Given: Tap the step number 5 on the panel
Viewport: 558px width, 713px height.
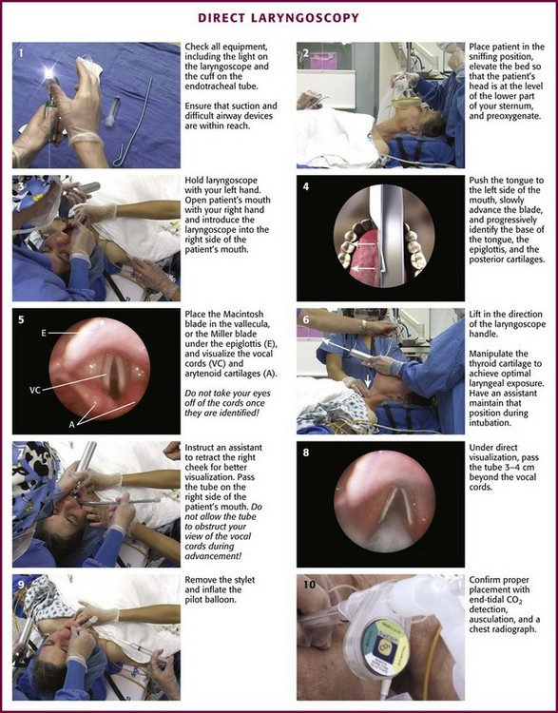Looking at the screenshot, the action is (21, 319).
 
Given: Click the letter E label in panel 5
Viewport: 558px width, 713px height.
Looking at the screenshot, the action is (44, 333).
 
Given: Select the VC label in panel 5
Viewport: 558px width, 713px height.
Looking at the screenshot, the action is (35, 390).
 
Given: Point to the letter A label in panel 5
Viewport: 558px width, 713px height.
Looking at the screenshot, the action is (71, 424).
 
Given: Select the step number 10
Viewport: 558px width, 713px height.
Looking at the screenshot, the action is (309, 584).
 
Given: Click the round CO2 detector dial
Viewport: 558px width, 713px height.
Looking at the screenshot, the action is (379, 632).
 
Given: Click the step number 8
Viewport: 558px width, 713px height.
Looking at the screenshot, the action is (305, 453).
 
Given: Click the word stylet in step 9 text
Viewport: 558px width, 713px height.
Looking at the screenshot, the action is (242, 580).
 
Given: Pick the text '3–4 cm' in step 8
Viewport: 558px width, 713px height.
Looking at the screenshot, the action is (522, 467).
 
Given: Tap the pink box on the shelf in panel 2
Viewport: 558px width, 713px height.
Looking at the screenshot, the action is (323, 61).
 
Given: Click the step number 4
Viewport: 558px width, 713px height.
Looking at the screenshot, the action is (305, 186).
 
